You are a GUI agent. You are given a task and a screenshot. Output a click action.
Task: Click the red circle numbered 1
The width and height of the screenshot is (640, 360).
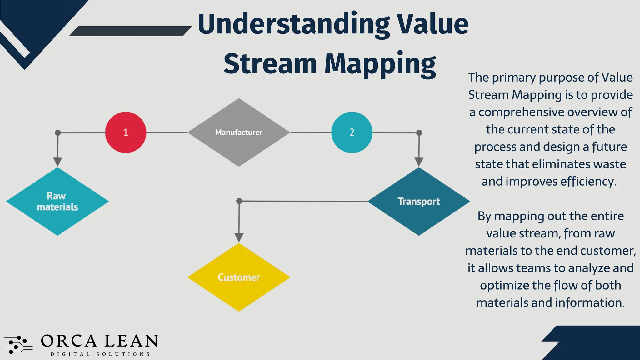[126, 132]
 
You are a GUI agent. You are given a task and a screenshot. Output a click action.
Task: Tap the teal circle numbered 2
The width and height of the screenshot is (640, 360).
[352, 132]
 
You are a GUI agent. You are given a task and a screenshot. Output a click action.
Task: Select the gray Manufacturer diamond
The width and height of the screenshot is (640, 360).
[239, 132]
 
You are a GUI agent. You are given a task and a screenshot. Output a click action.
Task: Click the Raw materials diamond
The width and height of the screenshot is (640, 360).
[57, 202]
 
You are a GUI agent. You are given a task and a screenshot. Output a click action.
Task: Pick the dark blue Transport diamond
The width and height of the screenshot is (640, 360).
[419, 202]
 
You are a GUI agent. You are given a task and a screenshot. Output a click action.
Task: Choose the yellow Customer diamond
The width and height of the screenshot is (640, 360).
[239, 277]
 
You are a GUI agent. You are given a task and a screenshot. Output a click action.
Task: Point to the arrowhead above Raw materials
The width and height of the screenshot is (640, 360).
[57, 162]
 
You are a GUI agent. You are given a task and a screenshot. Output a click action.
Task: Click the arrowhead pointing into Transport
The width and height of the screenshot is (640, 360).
[419, 162]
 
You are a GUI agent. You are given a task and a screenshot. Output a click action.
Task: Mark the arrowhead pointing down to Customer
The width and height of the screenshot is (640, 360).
[239, 237]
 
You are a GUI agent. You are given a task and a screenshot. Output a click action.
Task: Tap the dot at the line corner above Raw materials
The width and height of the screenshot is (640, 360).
[58, 133]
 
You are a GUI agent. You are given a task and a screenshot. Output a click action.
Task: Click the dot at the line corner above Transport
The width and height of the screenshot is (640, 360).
[419, 133]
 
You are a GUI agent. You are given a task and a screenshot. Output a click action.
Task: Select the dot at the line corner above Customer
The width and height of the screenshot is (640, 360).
[239, 201]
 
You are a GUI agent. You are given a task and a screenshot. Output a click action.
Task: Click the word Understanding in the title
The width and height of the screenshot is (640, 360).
[294, 24]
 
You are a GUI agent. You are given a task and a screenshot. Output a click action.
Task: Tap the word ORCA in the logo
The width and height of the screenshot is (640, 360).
[69, 341]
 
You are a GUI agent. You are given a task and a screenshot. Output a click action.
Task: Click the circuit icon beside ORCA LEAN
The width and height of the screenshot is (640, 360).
[18, 345]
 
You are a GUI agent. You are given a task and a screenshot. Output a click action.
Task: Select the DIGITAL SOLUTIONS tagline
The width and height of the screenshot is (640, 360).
[100, 354]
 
